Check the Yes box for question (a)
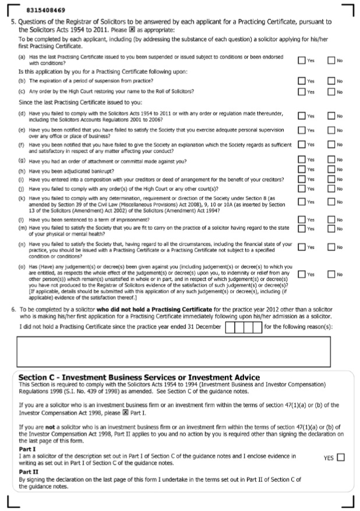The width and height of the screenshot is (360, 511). point(301,60)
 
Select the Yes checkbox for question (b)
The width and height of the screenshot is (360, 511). point(301,81)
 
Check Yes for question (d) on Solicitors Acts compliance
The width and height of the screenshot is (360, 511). point(301,116)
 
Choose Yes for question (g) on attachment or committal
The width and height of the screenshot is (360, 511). point(301,159)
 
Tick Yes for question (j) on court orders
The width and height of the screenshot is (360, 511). point(301,188)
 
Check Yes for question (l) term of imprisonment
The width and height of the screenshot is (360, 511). point(301,219)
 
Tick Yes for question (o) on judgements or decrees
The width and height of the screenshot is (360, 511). point(301,274)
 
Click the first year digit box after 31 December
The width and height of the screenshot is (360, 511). point(230,327)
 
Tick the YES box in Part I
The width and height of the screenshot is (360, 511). point(340,457)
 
